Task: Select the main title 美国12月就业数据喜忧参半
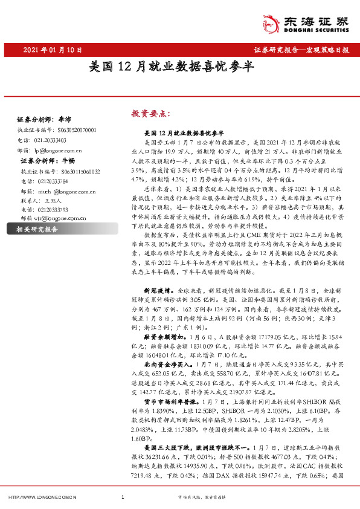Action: pyautogui.click(x=179, y=68)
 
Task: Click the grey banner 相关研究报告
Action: pyautogui.click(x=36, y=230)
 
